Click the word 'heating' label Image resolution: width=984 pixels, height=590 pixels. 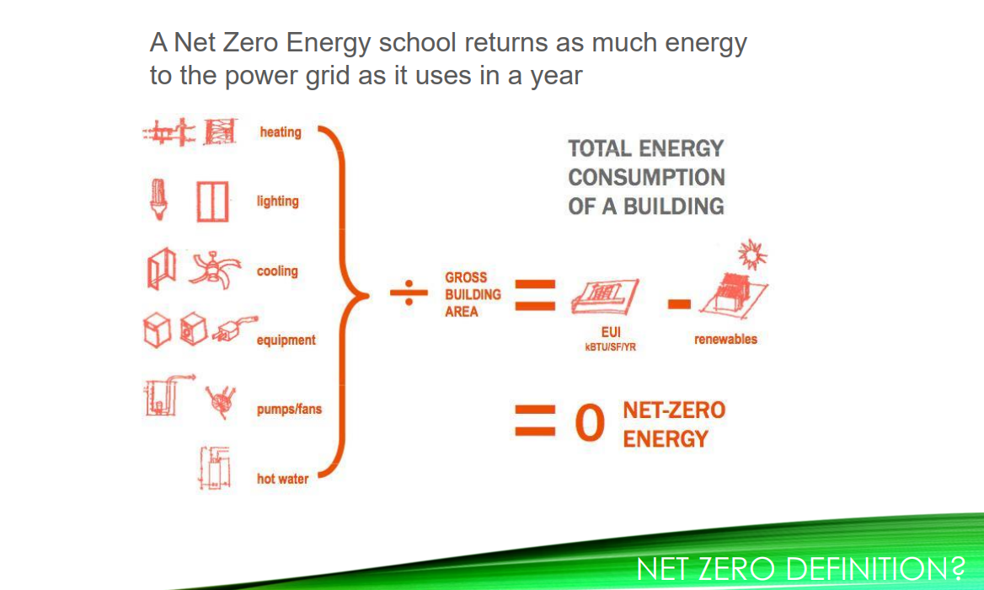280,132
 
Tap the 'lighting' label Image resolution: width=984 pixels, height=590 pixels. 277,201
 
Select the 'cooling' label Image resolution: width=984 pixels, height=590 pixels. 277,271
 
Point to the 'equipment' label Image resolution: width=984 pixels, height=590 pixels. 286,341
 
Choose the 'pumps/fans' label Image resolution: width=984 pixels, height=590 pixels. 289,410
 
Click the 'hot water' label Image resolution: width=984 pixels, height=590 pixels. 282,479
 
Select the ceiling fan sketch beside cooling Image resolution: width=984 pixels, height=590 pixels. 216,270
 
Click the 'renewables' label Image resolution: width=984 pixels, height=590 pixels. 725,340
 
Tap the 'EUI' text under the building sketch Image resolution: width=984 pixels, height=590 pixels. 611,334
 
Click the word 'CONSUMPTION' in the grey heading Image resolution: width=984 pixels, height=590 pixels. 646,178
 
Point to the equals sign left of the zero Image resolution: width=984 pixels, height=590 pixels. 535,421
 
